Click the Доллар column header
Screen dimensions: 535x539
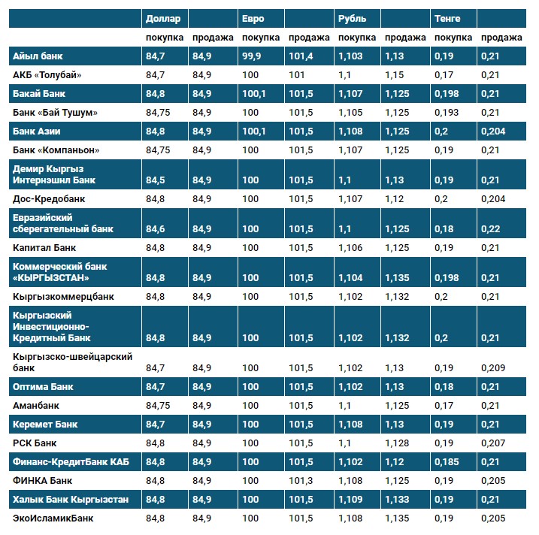pyautogui.click(x=163, y=18)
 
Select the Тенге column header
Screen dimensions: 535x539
pyautogui.click(x=447, y=18)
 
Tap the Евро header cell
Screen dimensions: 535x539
pyautogui.click(x=253, y=18)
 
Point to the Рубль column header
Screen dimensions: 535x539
pyautogui.click(x=353, y=18)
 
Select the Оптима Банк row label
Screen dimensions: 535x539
pyautogui.click(x=42, y=386)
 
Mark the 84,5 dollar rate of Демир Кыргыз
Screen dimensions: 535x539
pyautogui.click(x=156, y=180)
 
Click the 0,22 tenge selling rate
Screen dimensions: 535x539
pyautogui.click(x=489, y=228)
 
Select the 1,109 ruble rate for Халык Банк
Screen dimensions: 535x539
pyautogui.click(x=350, y=499)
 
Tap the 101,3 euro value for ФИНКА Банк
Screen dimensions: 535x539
pyautogui.click(x=300, y=480)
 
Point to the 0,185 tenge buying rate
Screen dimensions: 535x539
pyautogui.click(x=446, y=461)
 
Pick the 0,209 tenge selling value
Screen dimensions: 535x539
pyautogui.click(x=492, y=367)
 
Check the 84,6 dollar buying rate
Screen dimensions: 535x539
pyautogui.click(x=156, y=228)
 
